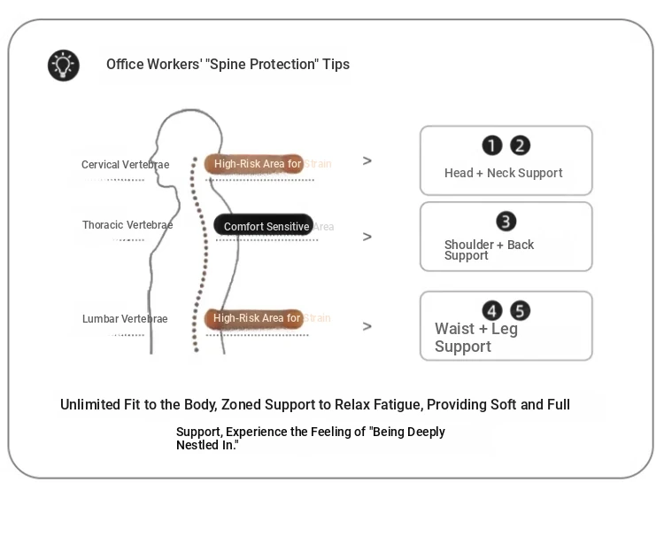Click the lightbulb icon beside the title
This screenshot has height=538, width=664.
tap(63, 66)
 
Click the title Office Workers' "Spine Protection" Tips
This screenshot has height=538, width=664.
tap(228, 65)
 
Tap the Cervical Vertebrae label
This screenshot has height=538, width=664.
tap(125, 165)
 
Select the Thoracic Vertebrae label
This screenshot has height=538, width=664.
tap(127, 225)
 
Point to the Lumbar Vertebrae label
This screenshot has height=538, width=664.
tap(125, 319)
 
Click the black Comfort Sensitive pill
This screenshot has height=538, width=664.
tap(263, 226)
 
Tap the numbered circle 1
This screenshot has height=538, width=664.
tap(492, 146)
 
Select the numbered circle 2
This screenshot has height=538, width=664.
tap(521, 146)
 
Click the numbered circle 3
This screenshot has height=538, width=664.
tap(506, 222)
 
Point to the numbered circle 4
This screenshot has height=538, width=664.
tap(492, 311)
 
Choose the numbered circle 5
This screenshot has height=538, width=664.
tap(521, 311)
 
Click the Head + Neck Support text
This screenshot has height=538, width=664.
tap(503, 174)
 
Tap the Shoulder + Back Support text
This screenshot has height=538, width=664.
tap(489, 250)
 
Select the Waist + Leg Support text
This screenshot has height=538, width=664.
tap(475, 338)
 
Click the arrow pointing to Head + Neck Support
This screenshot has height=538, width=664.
tap(367, 161)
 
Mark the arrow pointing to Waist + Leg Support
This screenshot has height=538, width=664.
tap(367, 327)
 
